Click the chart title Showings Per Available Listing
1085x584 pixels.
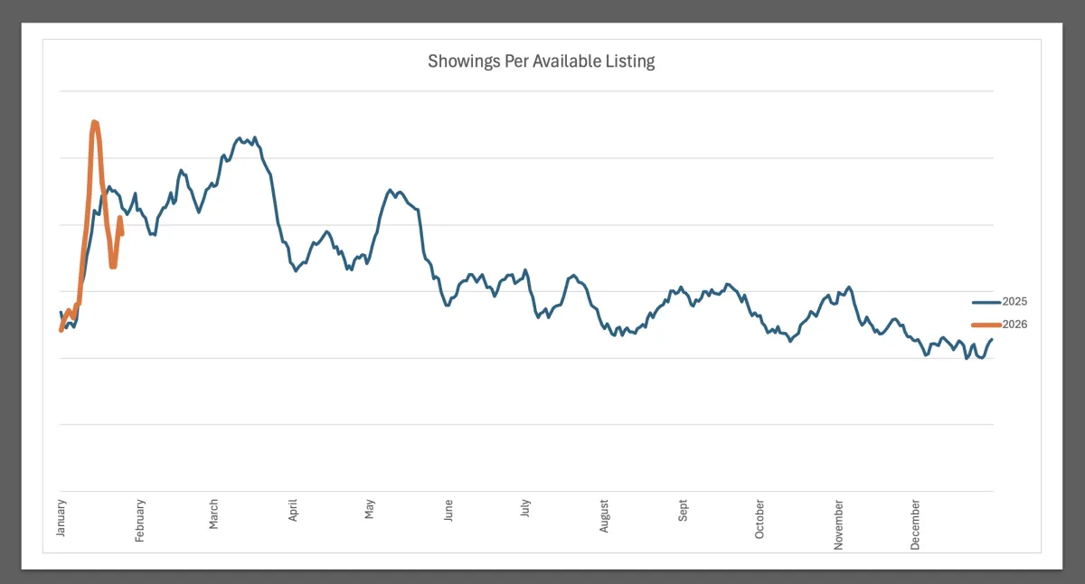[541, 61]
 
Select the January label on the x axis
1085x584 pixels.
[61, 517]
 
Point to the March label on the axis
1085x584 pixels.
[214, 514]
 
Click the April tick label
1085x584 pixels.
[293, 512]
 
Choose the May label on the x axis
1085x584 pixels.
[370, 510]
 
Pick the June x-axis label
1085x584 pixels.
[448, 512]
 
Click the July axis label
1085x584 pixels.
[526, 510]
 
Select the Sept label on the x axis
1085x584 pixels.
[683, 511]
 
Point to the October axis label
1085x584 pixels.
[759, 519]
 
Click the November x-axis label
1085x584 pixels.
[838, 523]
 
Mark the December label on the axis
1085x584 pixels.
[916, 523]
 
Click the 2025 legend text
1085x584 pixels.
[1015, 302]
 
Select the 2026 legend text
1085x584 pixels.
[1015, 325]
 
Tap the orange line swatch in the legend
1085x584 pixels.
[986, 325]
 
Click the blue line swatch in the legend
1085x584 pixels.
[986, 302]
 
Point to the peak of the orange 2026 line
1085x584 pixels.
[94, 121]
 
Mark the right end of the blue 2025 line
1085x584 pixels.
[992, 340]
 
